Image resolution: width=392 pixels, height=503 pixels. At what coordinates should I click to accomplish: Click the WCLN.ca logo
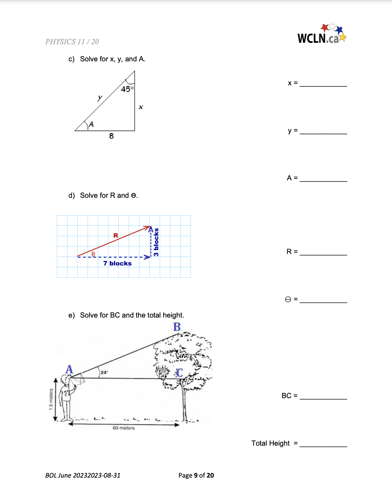tap(321, 34)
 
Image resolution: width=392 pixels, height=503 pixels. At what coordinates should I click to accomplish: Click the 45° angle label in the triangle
tap(127, 89)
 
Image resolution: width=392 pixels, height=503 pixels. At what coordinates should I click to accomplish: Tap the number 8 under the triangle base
tap(111, 136)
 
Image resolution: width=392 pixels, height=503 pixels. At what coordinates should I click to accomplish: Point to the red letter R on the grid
tap(116, 236)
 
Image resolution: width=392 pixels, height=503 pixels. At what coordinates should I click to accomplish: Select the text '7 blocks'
tap(117, 263)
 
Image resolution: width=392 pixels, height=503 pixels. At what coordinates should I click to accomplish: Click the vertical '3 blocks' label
tap(156, 242)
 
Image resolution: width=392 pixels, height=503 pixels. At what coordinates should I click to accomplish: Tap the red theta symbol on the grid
tap(93, 254)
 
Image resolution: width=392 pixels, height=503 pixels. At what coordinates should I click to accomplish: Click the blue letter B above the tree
tap(177, 327)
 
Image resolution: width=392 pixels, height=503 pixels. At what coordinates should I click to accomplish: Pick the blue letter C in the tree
tap(179, 373)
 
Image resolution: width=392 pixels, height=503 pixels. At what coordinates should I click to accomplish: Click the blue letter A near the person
tap(69, 369)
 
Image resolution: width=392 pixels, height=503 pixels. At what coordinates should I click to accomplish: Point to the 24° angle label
tap(104, 372)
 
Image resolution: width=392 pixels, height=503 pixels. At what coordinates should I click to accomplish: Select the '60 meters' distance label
tap(124, 428)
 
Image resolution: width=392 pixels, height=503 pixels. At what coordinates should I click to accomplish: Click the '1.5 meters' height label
tap(51, 399)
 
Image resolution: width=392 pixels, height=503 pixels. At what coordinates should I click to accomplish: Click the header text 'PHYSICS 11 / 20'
tap(72, 42)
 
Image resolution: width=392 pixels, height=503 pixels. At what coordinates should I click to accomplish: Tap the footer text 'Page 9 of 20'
tap(196, 475)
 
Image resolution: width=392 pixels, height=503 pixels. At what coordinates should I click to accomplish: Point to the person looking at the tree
tap(67, 397)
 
